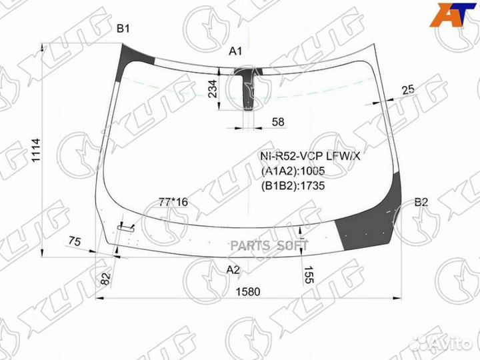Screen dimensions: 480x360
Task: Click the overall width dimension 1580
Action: (248, 291)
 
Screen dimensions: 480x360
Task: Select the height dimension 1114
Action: (36, 150)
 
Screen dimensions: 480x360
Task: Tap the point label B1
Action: (123, 29)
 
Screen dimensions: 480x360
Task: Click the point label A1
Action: (235, 51)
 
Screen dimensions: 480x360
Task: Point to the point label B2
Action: (421, 202)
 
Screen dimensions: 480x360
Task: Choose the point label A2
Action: (233, 270)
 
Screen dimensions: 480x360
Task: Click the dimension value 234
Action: (213, 89)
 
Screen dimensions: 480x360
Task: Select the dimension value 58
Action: (278, 122)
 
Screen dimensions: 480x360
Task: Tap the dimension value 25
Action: (408, 90)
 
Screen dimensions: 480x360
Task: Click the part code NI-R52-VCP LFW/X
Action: (310, 157)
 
